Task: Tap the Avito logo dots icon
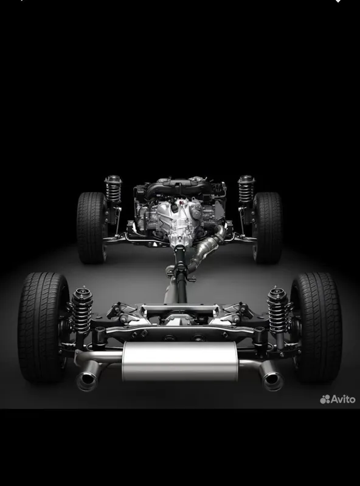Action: [325, 400]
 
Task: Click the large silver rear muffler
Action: [179, 361]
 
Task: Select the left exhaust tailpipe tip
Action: [87, 379]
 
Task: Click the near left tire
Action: [43, 327]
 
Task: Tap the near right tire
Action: [317, 327]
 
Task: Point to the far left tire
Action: [92, 227]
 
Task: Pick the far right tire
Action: [267, 227]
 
